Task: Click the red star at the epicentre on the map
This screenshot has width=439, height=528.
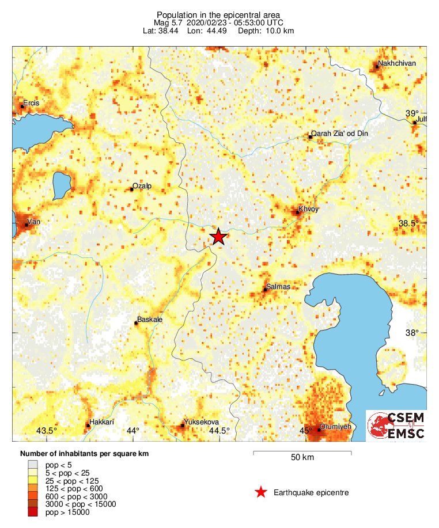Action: (218, 237)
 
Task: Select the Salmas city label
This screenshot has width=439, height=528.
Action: (278, 286)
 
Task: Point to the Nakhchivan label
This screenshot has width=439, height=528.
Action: (397, 63)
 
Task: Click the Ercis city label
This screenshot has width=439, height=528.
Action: (31, 102)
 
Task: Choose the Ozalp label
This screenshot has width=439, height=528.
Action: (142, 186)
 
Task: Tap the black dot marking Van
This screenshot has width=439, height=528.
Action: (27, 225)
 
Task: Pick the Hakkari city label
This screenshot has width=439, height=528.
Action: (99, 421)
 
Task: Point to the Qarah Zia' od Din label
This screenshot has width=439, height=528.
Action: (339, 134)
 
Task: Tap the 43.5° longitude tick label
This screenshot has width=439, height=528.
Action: (47, 431)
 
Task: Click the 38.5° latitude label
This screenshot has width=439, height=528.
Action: (411, 223)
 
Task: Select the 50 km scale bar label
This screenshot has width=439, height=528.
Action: (302, 458)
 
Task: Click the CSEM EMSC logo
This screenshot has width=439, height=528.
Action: (396, 426)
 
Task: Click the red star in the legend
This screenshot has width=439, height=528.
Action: (261, 492)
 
